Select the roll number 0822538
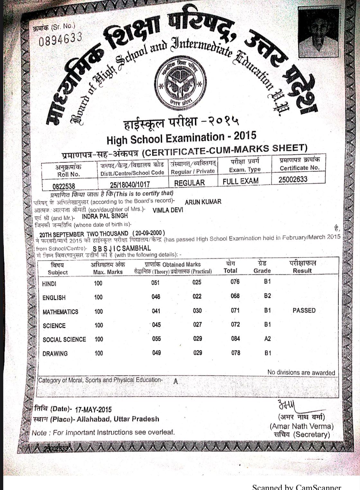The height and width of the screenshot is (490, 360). point(64,186)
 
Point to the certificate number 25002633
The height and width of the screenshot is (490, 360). point(293,179)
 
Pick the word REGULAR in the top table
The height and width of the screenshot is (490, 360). point(189,183)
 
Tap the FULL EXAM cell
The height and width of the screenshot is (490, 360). point(240,181)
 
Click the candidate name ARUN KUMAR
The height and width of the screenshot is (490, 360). point(203,202)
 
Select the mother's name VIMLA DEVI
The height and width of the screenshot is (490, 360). point(168,210)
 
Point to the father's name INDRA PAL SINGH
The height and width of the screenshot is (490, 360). point(105,216)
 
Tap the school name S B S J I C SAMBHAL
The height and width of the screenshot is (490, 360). point(121,248)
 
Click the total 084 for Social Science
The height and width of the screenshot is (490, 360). point(235,338)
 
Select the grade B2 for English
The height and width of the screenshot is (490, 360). point(267,296)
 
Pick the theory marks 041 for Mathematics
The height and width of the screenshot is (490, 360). point(156,311)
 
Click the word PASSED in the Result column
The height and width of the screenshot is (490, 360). point(304,310)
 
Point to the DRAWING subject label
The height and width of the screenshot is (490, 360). point(55,353)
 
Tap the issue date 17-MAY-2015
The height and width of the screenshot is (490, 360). point(93,410)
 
